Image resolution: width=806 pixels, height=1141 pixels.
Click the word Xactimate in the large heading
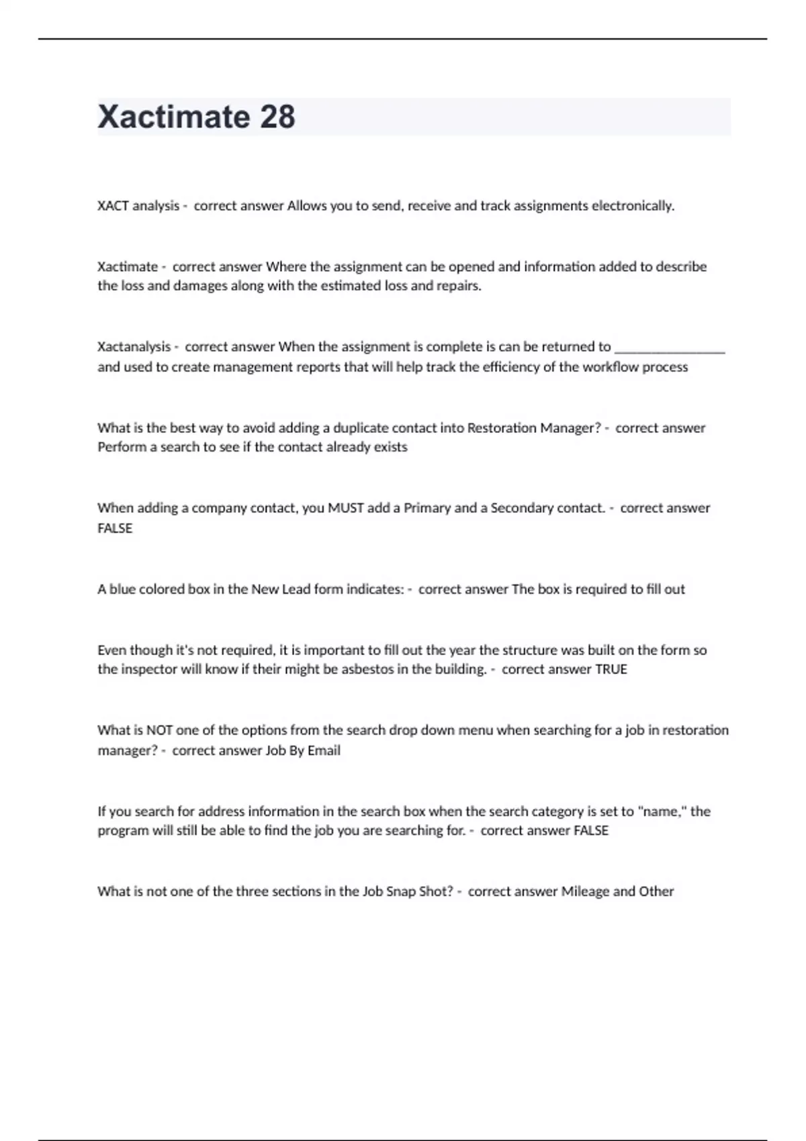tap(173, 117)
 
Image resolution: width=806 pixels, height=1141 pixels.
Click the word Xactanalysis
tap(134, 347)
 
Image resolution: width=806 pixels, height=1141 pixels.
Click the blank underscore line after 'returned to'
tap(670, 348)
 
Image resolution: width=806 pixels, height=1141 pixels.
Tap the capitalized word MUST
tap(345, 508)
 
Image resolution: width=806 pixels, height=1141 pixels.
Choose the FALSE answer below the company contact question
tap(115, 528)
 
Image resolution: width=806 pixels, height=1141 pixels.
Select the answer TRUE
tap(611, 669)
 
